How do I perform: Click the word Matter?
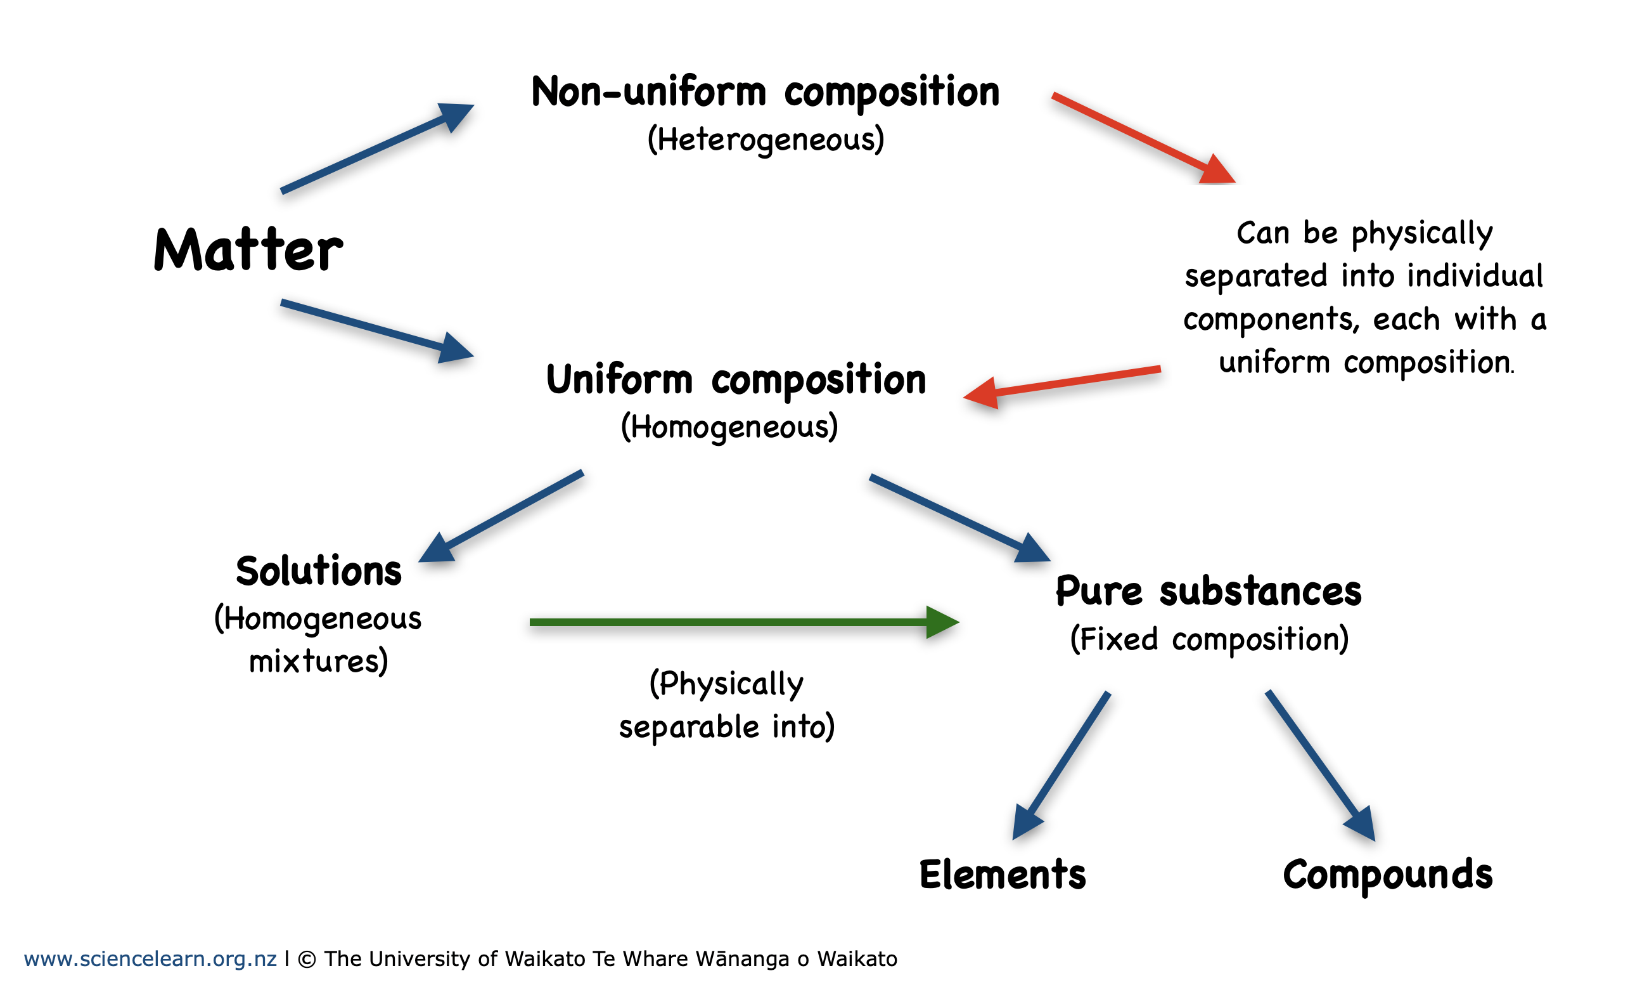(x=248, y=251)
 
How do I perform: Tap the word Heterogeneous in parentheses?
(x=766, y=140)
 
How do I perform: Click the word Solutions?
(x=319, y=571)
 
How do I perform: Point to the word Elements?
(x=1002, y=875)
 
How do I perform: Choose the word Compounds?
(x=1387, y=875)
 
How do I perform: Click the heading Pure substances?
(x=1209, y=591)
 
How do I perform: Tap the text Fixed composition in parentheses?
(x=1209, y=639)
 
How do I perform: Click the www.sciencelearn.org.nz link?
(x=150, y=959)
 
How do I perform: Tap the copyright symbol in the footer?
(x=307, y=960)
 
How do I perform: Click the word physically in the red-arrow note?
(x=1422, y=233)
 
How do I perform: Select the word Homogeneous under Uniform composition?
(x=729, y=427)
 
